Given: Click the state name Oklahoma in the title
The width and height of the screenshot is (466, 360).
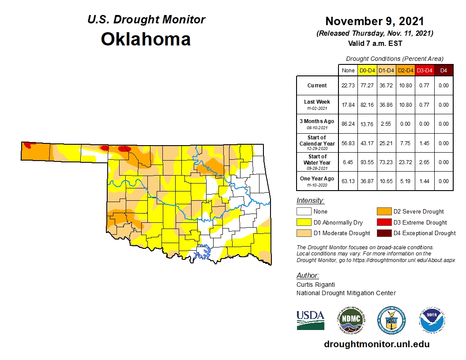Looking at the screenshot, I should click(146, 39).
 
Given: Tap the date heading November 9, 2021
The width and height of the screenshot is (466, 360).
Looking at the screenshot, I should click(375, 21).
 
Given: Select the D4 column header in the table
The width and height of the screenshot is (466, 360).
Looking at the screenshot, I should click(443, 70).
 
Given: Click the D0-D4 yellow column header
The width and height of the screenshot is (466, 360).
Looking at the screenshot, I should click(367, 70).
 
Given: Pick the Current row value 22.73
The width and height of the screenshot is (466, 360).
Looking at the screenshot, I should click(348, 86).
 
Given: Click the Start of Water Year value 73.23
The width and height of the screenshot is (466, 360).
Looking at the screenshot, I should click(386, 162).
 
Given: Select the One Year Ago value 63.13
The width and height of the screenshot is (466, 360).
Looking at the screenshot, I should click(348, 181).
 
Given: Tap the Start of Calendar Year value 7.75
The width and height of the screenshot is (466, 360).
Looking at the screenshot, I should click(405, 143).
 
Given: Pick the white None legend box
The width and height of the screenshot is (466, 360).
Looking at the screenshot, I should click(304, 212).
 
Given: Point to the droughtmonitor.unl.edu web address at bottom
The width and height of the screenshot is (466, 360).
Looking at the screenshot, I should click(376, 344).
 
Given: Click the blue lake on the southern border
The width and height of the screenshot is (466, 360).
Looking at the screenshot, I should click(203, 251).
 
